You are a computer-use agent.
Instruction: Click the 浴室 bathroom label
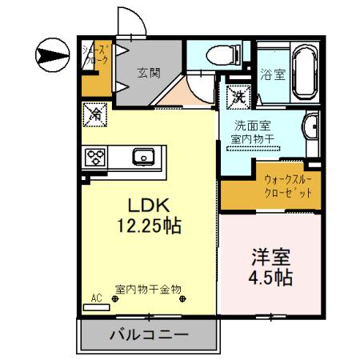(x=273, y=75)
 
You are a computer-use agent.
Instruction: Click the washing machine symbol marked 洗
(x=238, y=97)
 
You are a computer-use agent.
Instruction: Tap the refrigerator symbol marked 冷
(x=94, y=115)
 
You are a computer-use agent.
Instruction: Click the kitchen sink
(x=144, y=156)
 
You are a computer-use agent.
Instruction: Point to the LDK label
(x=149, y=203)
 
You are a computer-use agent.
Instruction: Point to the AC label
(x=97, y=298)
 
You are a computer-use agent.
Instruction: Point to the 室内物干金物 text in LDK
(x=148, y=289)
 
